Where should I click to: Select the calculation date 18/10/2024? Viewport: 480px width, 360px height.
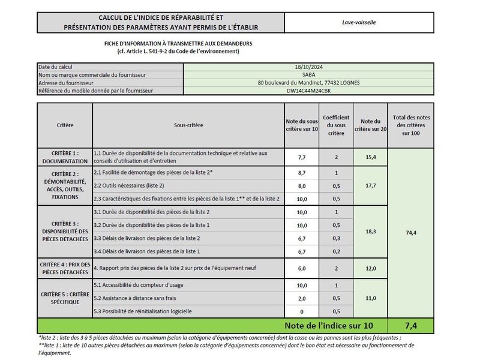pyautogui.click(x=308, y=67)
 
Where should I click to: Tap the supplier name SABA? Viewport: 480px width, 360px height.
pyautogui.click(x=308, y=75)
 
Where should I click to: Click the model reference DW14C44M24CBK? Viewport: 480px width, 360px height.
pyautogui.click(x=308, y=91)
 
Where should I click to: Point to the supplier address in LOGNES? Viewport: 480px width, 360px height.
pyautogui.click(x=308, y=83)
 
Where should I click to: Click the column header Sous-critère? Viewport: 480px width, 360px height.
pyautogui.click(x=188, y=125)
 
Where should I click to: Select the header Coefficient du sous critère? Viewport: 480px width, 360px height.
pyautogui.click(x=336, y=125)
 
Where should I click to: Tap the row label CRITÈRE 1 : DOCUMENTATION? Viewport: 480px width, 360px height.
pyautogui.click(x=65, y=157)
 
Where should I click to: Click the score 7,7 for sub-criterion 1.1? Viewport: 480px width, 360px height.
pyautogui.click(x=302, y=157)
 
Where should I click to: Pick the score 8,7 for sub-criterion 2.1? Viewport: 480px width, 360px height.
pyautogui.click(x=302, y=172)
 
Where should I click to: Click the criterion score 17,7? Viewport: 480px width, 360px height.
pyautogui.click(x=370, y=185)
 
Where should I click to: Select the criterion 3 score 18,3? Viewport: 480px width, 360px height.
pyautogui.click(x=370, y=231)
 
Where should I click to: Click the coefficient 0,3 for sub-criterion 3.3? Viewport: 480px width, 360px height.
pyautogui.click(x=336, y=238)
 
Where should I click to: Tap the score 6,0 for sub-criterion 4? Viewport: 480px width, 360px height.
pyautogui.click(x=302, y=268)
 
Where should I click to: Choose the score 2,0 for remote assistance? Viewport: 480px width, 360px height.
pyautogui.click(x=302, y=298)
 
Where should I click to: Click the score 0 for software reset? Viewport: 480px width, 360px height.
pyautogui.click(x=302, y=311)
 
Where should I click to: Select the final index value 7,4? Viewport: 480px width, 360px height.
pyautogui.click(x=410, y=326)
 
